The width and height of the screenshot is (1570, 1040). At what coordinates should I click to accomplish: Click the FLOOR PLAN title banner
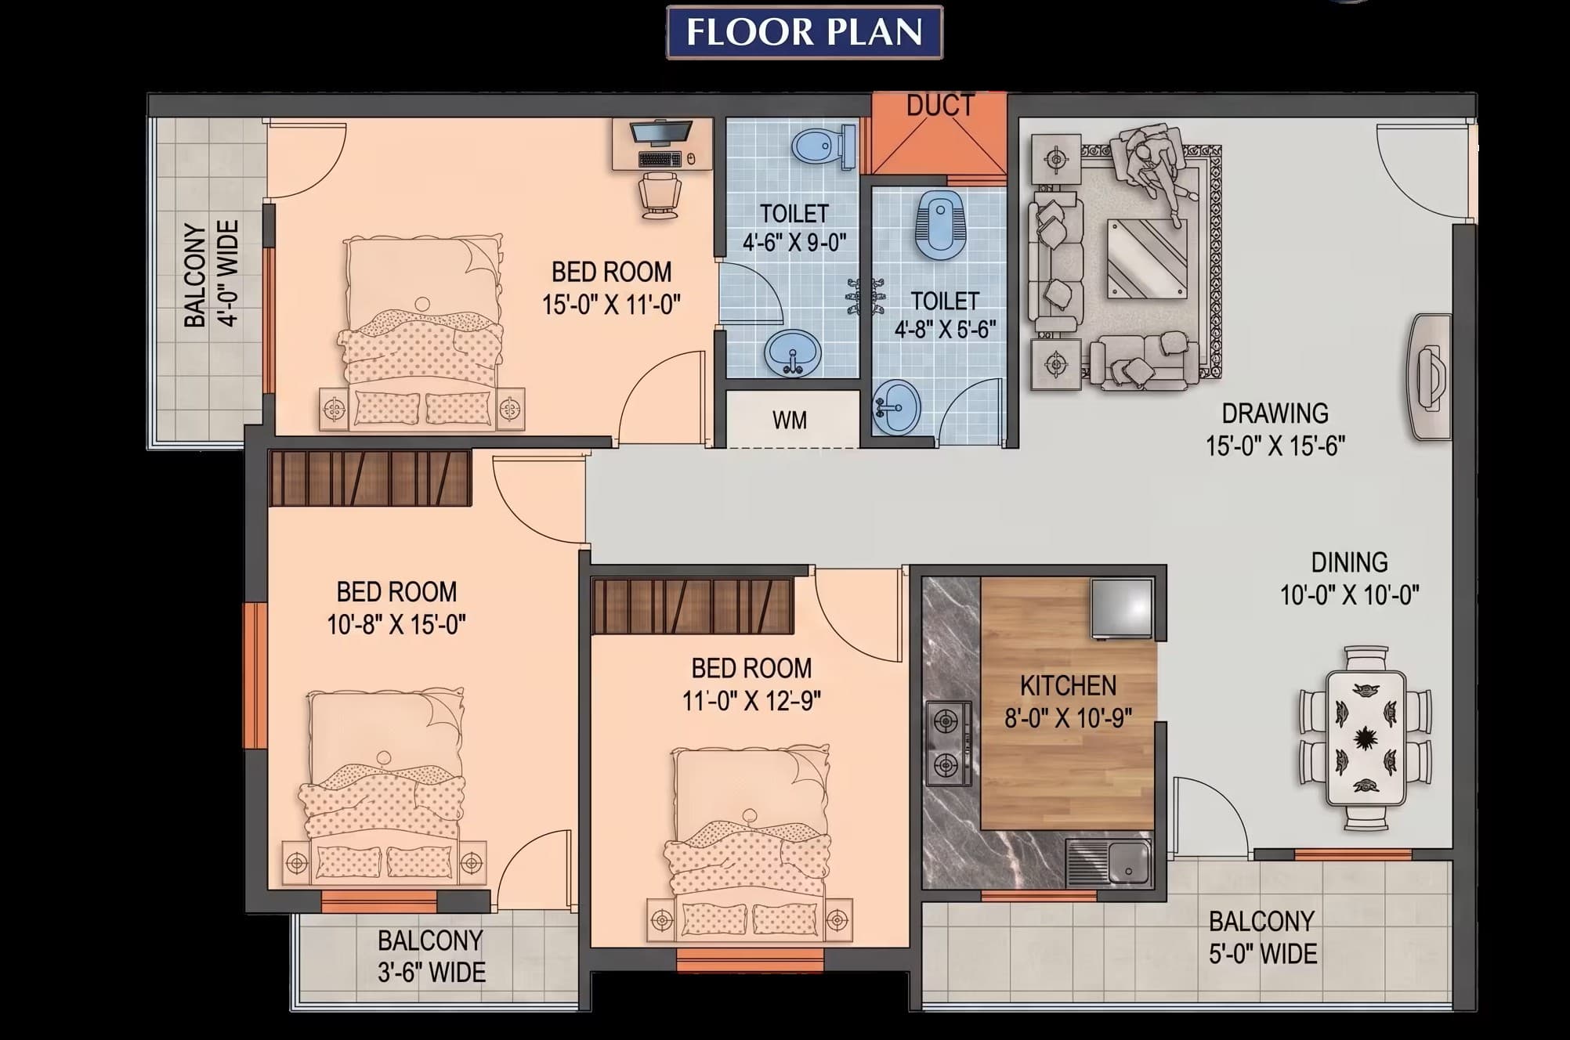pos(805,32)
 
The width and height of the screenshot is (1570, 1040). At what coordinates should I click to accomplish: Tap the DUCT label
pos(940,105)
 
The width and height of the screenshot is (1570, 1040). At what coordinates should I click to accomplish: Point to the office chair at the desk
pos(660,195)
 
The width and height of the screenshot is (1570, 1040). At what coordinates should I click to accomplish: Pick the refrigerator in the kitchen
pos(1122,608)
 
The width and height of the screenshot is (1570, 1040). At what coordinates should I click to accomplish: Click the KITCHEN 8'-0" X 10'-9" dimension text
pos(1068,702)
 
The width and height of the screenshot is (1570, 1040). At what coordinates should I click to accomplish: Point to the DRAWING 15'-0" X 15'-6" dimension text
pos(1275,429)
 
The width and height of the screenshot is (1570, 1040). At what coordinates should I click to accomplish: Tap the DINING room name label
pos(1350,562)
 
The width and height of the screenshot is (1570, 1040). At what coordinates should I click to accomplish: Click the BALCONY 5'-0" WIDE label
pos(1262,937)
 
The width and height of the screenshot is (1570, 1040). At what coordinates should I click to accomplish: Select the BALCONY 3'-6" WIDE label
pos(431,956)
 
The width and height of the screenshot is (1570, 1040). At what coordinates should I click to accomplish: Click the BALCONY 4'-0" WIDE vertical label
pos(212,274)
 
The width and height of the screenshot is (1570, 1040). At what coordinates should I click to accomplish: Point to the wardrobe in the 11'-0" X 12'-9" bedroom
pos(693,606)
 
